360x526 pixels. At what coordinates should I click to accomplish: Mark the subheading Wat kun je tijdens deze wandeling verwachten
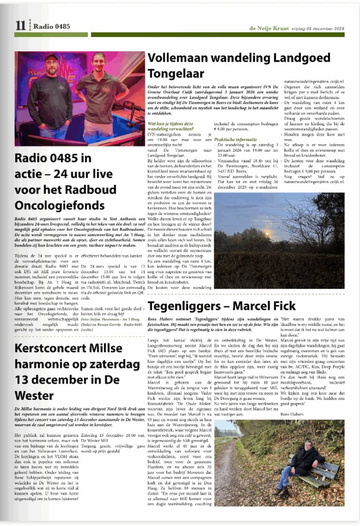(172, 126)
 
